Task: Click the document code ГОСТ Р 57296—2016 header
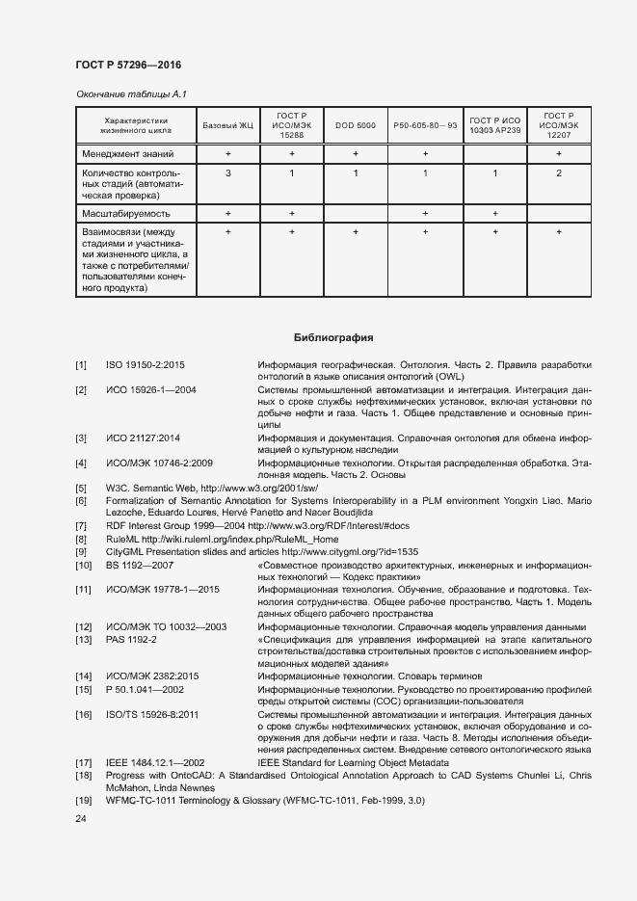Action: click(127, 65)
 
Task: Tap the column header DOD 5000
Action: click(356, 126)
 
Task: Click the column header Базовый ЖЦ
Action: click(228, 126)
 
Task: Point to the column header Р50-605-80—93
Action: click(425, 126)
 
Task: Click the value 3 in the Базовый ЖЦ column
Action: click(228, 173)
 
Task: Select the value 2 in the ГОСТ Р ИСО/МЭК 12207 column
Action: click(559, 173)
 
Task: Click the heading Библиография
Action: click(332, 338)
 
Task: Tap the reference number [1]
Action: click(81, 364)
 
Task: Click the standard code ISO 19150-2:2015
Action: click(145, 364)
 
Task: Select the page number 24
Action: click(81, 819)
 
